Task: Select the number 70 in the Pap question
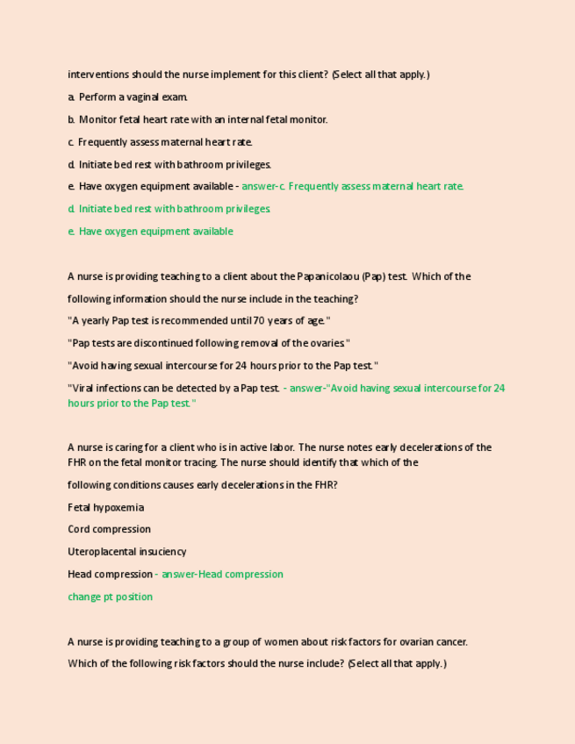pyautogui.click(x=258, y=321)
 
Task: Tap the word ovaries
pyautogui.click(x=329, y=343)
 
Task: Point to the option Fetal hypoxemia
pyautogui.click(x=106, y=507)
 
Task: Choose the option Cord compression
pyautogui.click(x=109, y=529)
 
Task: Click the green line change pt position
pyautogui.click(x=110, y=597)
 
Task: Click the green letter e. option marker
pyautogui.click(x=71, y=232)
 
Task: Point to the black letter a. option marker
pyautogui.click(x=71, y=97)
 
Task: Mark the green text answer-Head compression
pyautogui.click(x=223, y=574)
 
